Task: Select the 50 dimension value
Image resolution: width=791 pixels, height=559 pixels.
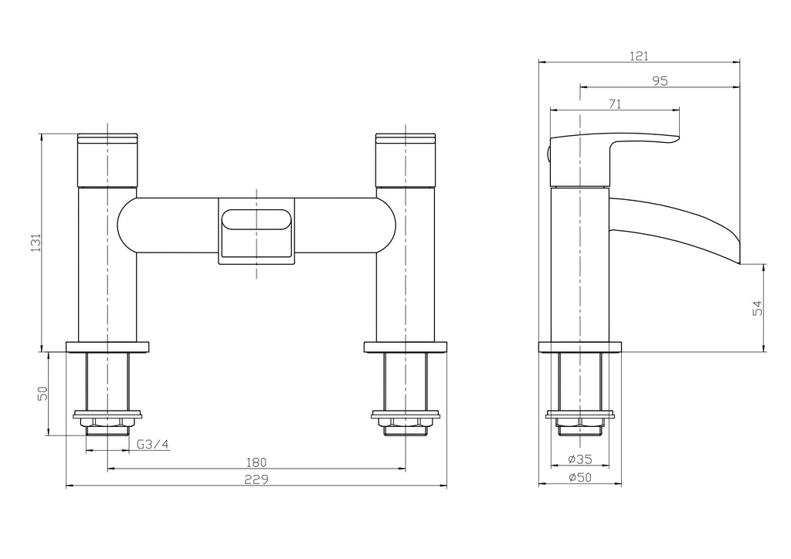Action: (x=43, y=393)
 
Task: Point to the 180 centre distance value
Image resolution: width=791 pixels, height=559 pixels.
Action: (x=256, y=462)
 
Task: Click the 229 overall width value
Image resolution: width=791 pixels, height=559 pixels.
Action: (x=256, y=479)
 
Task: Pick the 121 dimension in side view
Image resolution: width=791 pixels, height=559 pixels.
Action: (x=639, y=56)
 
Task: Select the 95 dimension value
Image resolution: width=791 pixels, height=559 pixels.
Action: (x=659, y=80)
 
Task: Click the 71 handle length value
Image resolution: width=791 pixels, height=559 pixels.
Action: (x=615, y=104)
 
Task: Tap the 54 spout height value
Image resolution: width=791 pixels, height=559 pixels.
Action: (x=758, y=307)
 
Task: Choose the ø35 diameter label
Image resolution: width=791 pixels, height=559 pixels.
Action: (x=579, y=459)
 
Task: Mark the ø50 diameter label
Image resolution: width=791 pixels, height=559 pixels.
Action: (x=579, y=478)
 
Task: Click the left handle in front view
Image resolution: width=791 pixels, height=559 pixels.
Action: (x=107, y=161)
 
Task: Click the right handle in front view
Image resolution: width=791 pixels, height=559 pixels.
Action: (x=406, y=161)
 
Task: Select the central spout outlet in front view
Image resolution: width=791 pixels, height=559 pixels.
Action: (x=256, y=229)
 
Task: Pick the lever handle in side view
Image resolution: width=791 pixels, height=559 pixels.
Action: (x=618, y=147)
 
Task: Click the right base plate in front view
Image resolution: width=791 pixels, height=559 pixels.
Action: (x=406, y=346)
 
